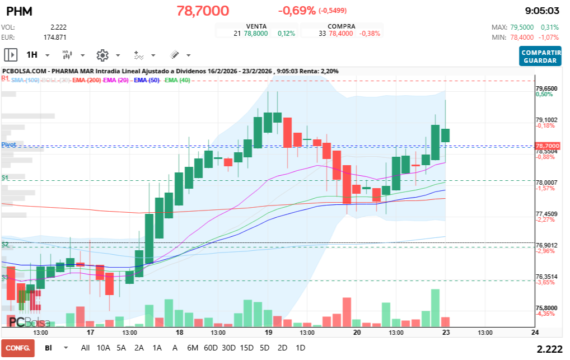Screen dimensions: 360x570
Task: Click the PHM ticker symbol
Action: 18,11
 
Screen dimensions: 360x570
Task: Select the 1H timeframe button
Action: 31,55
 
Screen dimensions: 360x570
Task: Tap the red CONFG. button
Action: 17,348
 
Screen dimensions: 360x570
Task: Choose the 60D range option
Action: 211,348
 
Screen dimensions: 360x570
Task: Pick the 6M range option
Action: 193,348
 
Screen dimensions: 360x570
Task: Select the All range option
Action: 85,348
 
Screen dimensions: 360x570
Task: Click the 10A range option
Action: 104,348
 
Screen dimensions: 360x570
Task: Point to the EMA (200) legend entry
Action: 86,81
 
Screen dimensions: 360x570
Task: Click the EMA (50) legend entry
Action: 147,81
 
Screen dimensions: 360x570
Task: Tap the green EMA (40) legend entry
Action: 177,81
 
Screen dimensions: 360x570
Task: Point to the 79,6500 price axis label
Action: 546,88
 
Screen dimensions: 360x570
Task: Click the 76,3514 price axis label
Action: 546,277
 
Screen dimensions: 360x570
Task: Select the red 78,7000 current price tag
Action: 547,146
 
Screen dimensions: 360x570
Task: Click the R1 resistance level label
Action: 5,79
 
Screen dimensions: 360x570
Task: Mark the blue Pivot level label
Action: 8,144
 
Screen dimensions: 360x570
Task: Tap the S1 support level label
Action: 5,177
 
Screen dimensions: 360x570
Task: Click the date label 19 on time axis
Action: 268,333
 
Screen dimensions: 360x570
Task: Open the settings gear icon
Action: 102,55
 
